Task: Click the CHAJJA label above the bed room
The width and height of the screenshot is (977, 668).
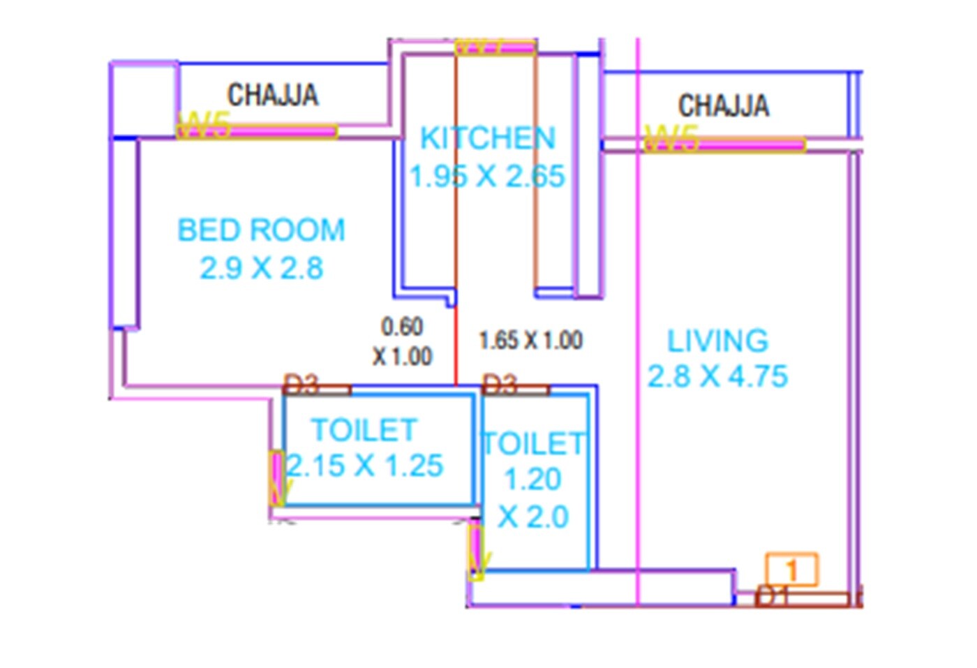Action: coord(273,95)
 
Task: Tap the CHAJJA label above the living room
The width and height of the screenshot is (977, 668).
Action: coord(724,105)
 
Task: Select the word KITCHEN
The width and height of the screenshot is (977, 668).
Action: coord(488,138)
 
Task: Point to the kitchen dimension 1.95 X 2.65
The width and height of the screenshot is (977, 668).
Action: coord(487,177)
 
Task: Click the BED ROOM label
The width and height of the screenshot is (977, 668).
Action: coord(261,230)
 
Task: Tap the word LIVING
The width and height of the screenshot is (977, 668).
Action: coord(717,341)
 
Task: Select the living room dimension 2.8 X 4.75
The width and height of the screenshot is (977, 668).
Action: coord(717,377)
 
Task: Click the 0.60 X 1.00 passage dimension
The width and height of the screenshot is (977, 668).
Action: coord(402,341)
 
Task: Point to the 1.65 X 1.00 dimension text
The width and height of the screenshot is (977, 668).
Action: coord(530,341)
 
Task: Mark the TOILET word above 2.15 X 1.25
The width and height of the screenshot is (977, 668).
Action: coord(364,430)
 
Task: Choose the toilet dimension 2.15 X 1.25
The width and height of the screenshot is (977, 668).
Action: coord(365,466)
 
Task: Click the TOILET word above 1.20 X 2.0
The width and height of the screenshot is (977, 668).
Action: coord(534,444)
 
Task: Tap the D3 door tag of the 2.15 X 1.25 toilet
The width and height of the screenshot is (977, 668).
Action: coord(301,384)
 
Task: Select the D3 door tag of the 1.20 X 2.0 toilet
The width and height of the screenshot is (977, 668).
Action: coord(500,384)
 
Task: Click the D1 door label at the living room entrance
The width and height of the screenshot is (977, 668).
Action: coord(771,596)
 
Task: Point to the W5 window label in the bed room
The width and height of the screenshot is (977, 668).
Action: coord(204,126)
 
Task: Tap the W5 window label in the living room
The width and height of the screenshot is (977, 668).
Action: coord(671,138)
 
